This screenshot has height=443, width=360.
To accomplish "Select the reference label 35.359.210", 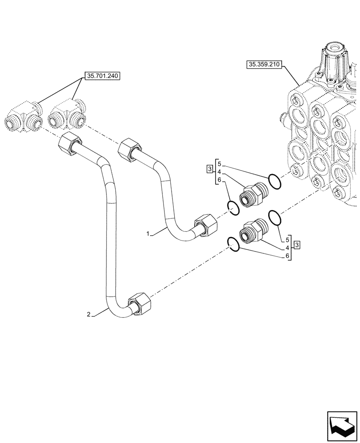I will [264, 64].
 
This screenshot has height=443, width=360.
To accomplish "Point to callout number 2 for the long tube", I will [89, 315].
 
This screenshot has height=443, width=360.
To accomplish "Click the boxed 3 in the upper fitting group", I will [209, 169].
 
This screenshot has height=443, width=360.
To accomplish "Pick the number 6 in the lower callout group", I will [287, 256].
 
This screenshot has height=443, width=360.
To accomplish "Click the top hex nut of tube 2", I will [70, 143].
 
